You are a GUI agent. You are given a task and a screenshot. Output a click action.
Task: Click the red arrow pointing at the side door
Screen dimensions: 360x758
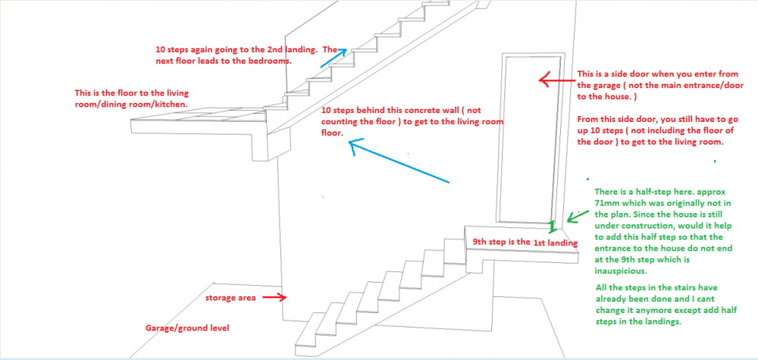[x=555, y=80]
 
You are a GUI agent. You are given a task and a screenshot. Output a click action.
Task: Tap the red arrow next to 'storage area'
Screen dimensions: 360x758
[x=273, y=298]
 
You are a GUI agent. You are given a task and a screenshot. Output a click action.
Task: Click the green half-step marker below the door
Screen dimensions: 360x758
[x=553, y=225]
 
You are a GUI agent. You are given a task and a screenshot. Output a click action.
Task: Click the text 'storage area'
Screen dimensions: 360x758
[x=230, y=298]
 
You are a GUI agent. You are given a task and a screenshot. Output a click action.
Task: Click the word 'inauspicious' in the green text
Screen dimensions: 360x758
[x=621, y=271]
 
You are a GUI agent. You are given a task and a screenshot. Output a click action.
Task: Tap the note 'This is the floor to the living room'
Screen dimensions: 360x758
[x=131, y=98]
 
